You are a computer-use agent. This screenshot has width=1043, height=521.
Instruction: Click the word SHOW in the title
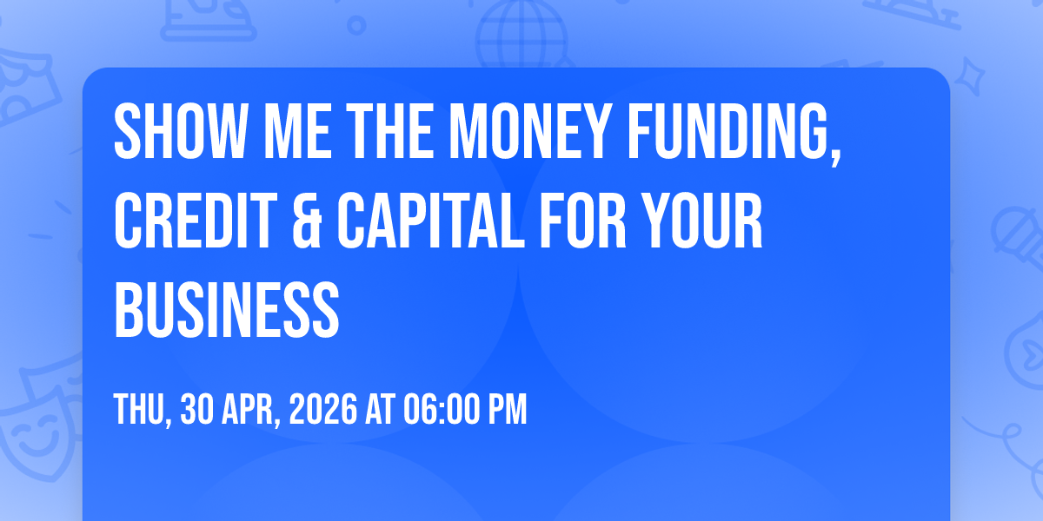coord(180,131)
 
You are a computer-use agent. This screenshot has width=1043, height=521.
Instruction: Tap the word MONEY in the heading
coord(530,131)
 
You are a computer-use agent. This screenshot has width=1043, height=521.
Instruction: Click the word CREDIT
coord(196,221)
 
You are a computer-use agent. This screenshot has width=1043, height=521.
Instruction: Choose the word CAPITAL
coord(431,221)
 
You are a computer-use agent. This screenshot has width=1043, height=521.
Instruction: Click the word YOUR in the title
coord(701,221)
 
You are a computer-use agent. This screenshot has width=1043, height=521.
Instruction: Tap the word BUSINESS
coord(227,310)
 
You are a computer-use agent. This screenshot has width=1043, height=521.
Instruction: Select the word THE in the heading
coord(389,131)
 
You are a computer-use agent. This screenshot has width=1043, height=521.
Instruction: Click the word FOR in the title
coord(583,221)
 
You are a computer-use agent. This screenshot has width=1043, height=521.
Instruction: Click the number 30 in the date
coord(197,409)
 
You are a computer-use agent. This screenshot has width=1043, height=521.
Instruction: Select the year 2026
coord(323,409)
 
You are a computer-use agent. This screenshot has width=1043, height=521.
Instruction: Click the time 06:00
coord(442,409)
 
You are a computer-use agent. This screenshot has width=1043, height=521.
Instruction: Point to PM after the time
coord(507,409)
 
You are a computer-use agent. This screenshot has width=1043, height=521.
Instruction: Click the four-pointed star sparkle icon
coord(969,76)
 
